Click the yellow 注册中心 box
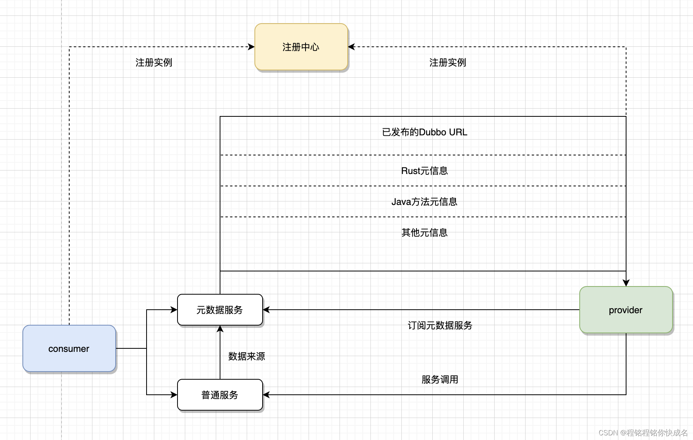coord(301,47)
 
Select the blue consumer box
coord(69,348)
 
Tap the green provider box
coord(625,310)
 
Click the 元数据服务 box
coord(220,310)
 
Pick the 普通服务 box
coord(220,395)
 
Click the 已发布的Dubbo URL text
coord(424,132)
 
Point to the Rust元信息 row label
coord(424,171)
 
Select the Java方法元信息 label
coord(424,202)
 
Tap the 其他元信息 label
coord(424,233)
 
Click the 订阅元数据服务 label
coord(440,326)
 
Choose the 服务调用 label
coord(440,380)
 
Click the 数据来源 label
coord(246,356)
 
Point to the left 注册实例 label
coord(154,63)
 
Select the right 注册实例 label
coord(447,63)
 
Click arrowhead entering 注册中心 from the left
coord(251,47)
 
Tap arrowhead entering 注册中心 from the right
coord(351,47)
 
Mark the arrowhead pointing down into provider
coord(626,283)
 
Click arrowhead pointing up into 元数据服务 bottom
coord(220,329)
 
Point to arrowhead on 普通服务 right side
coord(266,395)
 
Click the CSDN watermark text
coord(643,433)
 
